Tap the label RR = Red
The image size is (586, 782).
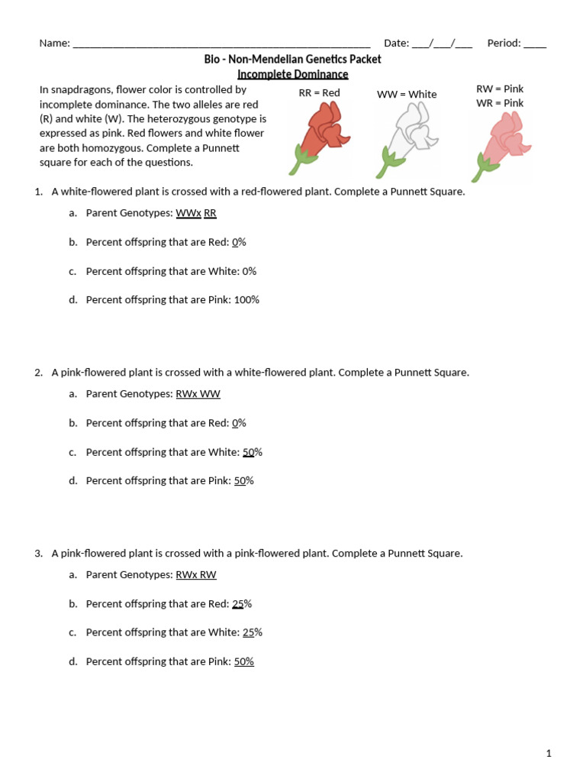[x=319, y=93]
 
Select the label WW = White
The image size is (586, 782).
[x=407, y=95]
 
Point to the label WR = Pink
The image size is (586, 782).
[x=500, y=103]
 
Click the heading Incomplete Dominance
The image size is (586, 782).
[x=292, y=74]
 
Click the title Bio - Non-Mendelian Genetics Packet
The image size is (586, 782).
[x=292, y=60]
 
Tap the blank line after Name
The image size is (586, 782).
[x=221, y=44]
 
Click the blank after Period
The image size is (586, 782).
[x=535, y=44]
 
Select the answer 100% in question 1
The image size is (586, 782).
[x=246, y=300]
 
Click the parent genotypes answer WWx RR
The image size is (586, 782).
[x=196, y=213]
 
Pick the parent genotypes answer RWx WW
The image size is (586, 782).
[x=198, y=394]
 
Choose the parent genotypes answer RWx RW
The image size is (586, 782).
[x=196, y=575]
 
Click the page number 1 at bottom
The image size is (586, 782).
[x=549, y=754]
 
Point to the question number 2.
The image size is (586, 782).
[x=38, y=373]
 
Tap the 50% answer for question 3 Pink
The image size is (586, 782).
[x=243, y=662]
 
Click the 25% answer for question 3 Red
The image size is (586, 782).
[x=242, y=604]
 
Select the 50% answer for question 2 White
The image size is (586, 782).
[x=252, y=452]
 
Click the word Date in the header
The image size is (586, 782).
[x=395, y=44]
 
